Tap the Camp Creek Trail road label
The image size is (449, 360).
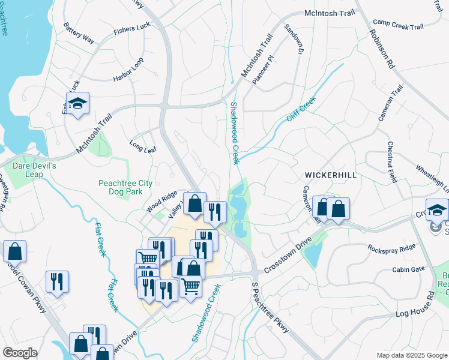(x=398, y=26)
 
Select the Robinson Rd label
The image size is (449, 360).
(x=382, y=47)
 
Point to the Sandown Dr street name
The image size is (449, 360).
(x=292, y=40)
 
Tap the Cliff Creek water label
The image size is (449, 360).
(x=301, y=110)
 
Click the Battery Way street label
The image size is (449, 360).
(x=79, y=34)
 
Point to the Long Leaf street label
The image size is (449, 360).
(x=143, y=146)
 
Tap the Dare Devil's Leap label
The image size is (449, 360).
(x=34, y=170)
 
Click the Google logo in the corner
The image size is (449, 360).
(x=20, y=353)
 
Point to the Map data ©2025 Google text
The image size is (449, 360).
(x=411, y=355)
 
